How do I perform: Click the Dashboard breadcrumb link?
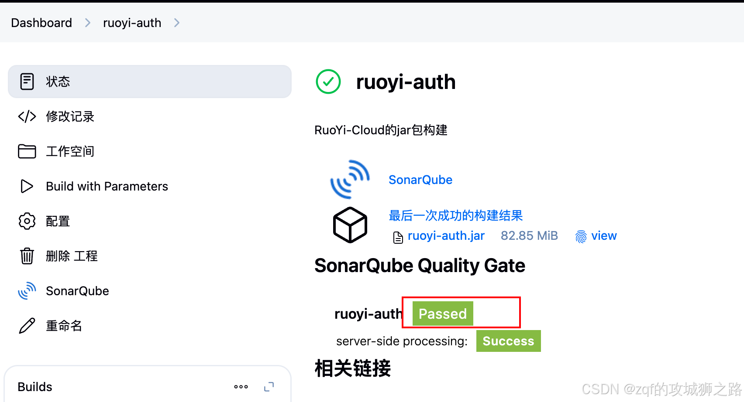coord(41,23)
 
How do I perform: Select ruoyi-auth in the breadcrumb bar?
coord(132,23)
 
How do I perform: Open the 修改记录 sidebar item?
coord(70,116)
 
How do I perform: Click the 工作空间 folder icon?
coord(27,151)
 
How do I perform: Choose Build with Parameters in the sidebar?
coord(107,186)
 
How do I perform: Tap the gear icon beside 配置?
coord(27,221)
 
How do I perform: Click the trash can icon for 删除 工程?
coord(27,256)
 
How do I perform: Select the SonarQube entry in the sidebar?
coord(77,291)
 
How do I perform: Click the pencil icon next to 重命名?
coord(27,326)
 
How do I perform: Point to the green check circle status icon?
coord(328,82)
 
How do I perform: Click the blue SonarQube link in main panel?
coord(420,180)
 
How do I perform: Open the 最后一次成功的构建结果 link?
coord(455,215)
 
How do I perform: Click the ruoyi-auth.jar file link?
coord(446,236)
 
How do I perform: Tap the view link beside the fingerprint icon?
coord(604,236)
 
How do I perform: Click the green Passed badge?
coord(442,313)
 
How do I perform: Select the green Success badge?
coord(508,341)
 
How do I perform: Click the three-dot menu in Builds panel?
coord(241,387)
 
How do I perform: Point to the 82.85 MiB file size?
coord(529,236)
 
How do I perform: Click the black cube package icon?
coord(350,225)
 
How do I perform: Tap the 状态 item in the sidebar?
coord(58,82)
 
